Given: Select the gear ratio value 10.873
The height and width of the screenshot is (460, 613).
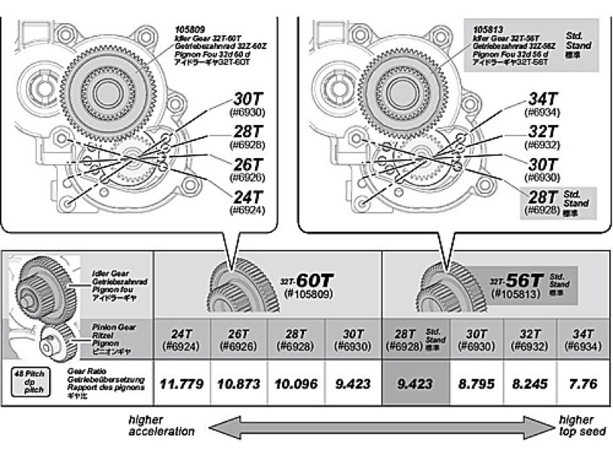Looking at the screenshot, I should tap(240, 383).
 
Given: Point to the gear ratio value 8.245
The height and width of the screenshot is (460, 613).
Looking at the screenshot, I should tap(528, 383).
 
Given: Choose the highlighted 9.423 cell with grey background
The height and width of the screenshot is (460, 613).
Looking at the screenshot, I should tap(415, 383).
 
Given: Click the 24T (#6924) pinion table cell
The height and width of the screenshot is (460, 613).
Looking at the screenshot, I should tap(182, 340).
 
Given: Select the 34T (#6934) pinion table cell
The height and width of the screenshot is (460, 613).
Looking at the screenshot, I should tap(584, 340).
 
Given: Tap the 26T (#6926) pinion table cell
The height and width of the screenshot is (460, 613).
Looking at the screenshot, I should tap(240, 340).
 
